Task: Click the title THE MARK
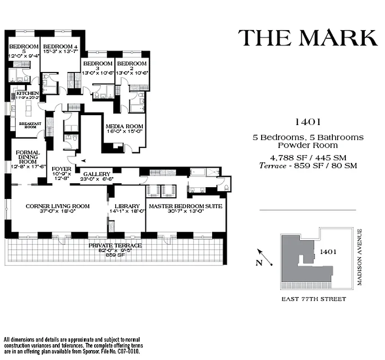(x=308, y=38)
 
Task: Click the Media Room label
(x=125, y=126)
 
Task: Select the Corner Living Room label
(x=58, y=206)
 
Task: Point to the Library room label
(x=127, y=206)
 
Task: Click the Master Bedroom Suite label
(x=186, y=206)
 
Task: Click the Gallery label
(x=97, y=174)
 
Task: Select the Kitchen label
(x=27, y=94)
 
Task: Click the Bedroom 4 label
(x=58, y=46)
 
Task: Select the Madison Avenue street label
(x=359, y=257)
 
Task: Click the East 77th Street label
(x=313, y=299)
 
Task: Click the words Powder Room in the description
(x=308, y=145)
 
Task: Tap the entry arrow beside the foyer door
(x=82, y=159)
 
